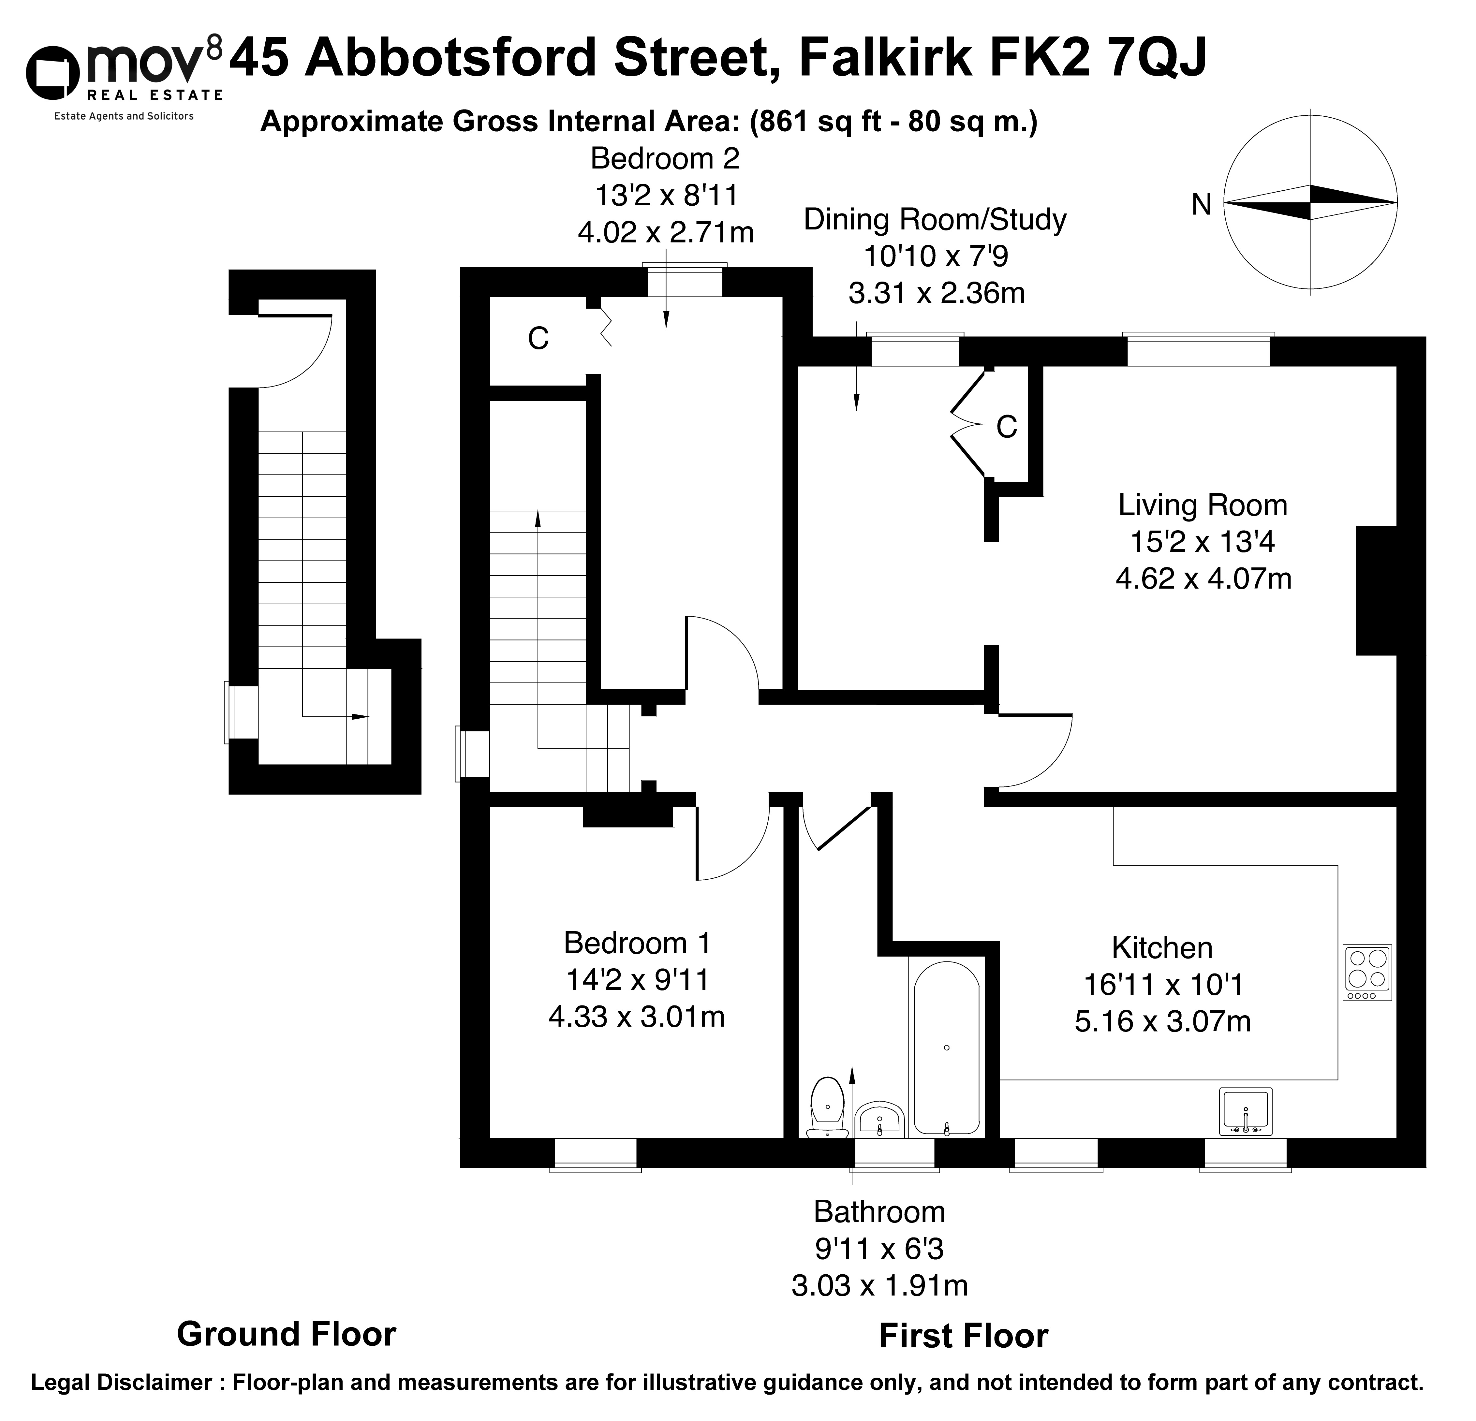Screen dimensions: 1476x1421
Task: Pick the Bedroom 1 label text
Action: [x=637, y=943]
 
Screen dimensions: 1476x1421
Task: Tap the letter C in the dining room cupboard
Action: [x=1007, y=427]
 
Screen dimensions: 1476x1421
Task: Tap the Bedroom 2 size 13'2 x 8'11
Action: [x=666, y=196]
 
